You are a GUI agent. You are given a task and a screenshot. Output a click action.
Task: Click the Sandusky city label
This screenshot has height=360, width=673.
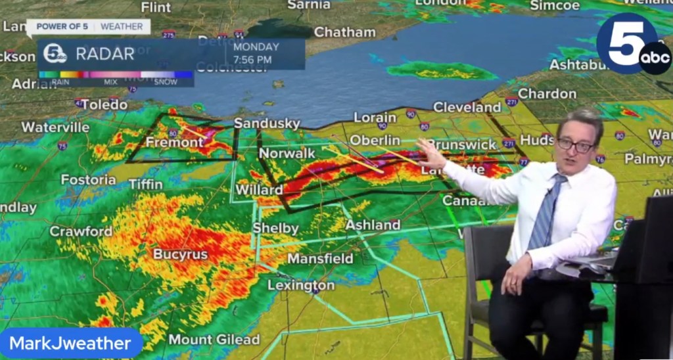(267, 124)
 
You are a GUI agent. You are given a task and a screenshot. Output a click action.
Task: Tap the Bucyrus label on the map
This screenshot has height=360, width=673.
(180, 254)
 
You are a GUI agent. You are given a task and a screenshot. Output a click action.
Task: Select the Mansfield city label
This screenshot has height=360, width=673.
(320, 258)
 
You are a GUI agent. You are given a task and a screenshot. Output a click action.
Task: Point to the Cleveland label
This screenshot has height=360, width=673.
(467, 107)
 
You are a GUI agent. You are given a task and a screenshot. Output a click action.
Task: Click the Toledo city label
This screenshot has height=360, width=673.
(104, 104)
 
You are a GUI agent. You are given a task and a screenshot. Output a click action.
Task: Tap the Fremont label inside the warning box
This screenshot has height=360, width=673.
(175, 142)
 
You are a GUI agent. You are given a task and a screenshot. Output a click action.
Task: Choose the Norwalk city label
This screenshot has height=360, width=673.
(287, 153)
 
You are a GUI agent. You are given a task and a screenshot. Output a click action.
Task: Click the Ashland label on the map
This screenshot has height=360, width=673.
(373, 225)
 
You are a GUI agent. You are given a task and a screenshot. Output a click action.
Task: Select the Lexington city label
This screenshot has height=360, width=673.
(301, 285)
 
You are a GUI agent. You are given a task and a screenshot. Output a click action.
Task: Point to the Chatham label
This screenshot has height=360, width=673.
(344, 32)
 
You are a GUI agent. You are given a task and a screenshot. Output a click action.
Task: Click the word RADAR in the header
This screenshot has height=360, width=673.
(105, 54)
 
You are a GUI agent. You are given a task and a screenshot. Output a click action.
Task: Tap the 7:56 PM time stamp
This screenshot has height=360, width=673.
(252, 60)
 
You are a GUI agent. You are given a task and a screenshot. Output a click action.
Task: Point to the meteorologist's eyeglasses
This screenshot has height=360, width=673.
(576, 145)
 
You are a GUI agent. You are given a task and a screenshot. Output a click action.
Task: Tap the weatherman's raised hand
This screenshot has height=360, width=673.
(430, 154)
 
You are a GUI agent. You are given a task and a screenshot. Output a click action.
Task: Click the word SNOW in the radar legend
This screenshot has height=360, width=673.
(166, 82)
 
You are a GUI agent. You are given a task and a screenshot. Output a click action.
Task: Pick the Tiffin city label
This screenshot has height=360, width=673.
(145, 185)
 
